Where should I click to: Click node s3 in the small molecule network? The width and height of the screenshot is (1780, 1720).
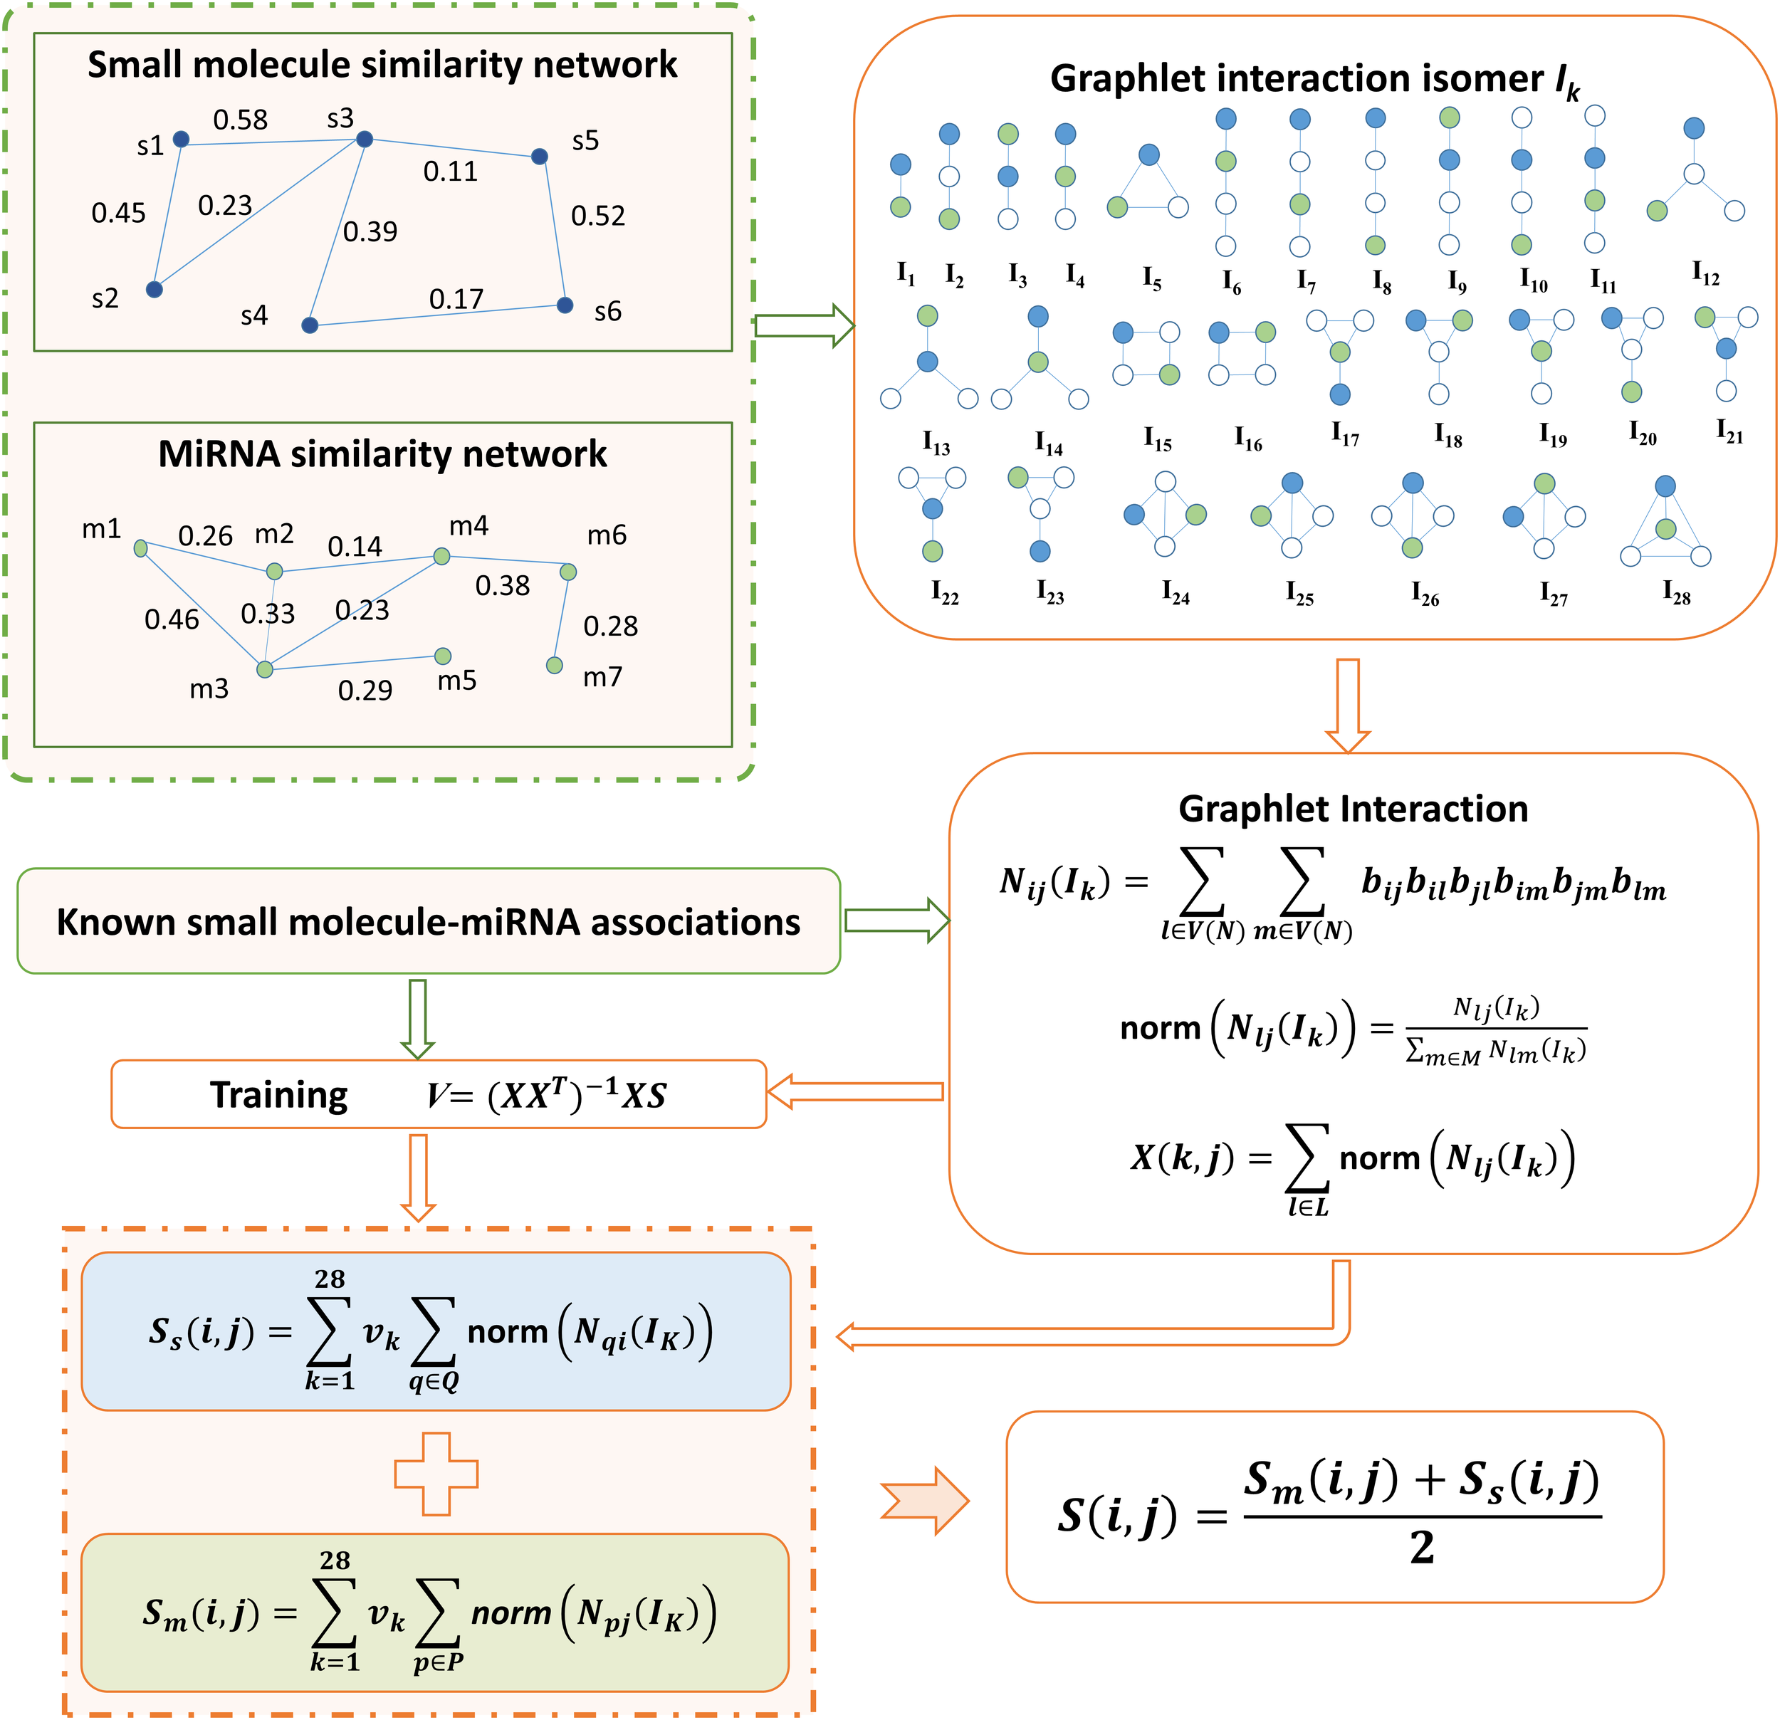[364, 139]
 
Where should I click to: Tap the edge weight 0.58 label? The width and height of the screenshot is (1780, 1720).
[241, 120]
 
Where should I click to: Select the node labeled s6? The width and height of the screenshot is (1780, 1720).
[565, 305]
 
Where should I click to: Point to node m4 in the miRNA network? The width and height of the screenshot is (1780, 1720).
[441, 556]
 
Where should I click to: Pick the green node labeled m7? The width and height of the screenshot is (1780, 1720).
[555, 666]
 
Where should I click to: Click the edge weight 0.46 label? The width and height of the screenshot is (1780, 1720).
[172, 620]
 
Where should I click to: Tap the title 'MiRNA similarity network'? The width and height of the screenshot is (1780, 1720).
[382, 454]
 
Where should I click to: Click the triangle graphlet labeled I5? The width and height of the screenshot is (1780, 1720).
[1148, 184]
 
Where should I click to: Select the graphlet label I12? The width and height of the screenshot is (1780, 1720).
[1705, 273]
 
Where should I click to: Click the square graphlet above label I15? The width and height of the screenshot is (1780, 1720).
[1146, 353]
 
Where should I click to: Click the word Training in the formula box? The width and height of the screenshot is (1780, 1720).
[279, 1095]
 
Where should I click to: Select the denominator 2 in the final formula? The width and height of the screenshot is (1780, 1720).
[1421, 1548]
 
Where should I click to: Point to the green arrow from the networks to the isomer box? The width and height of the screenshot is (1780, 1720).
[804, 326]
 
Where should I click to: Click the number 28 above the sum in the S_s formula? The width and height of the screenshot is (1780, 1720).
[330, 1279]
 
